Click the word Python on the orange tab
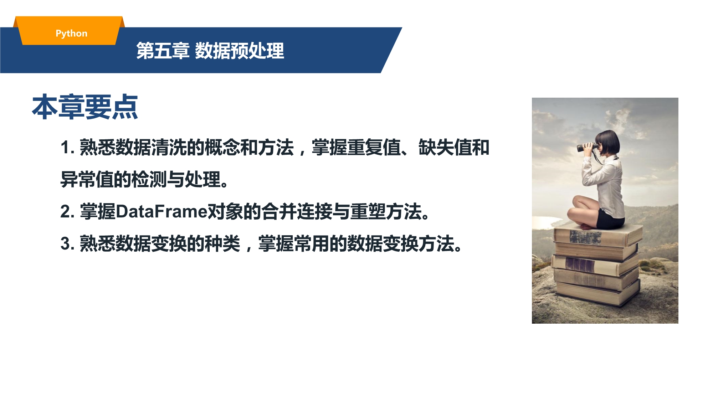[x=71, y=34]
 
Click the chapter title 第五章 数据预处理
[x=210, y=51]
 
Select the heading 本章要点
[x=85, y=107]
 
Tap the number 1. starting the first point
[x=67, y=148]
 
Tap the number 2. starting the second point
[x=67, y=212]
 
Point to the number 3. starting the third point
[x=67, y=244]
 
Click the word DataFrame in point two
[x=161, y=212]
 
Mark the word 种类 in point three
[x=222, y=244]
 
